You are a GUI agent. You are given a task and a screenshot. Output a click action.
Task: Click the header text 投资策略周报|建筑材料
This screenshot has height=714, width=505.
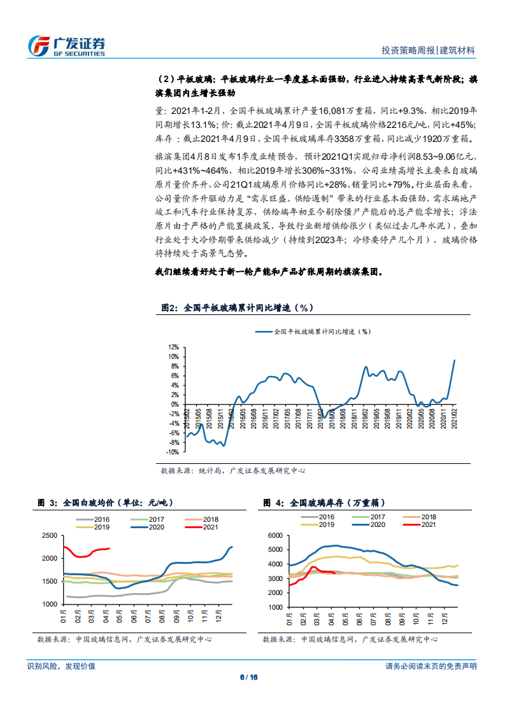click(x=428, y=50)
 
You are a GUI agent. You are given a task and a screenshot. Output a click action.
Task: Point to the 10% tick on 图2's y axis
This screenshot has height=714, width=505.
click(x=173, y=357)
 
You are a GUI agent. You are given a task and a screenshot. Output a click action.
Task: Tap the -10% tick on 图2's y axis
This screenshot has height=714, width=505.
click(x=172, y=452)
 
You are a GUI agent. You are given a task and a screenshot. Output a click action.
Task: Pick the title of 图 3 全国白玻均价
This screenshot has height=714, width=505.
click(x=101, y=503)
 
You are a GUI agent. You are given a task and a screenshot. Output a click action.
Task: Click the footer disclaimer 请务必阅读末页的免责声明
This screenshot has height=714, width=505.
click(x=431, y=666)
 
